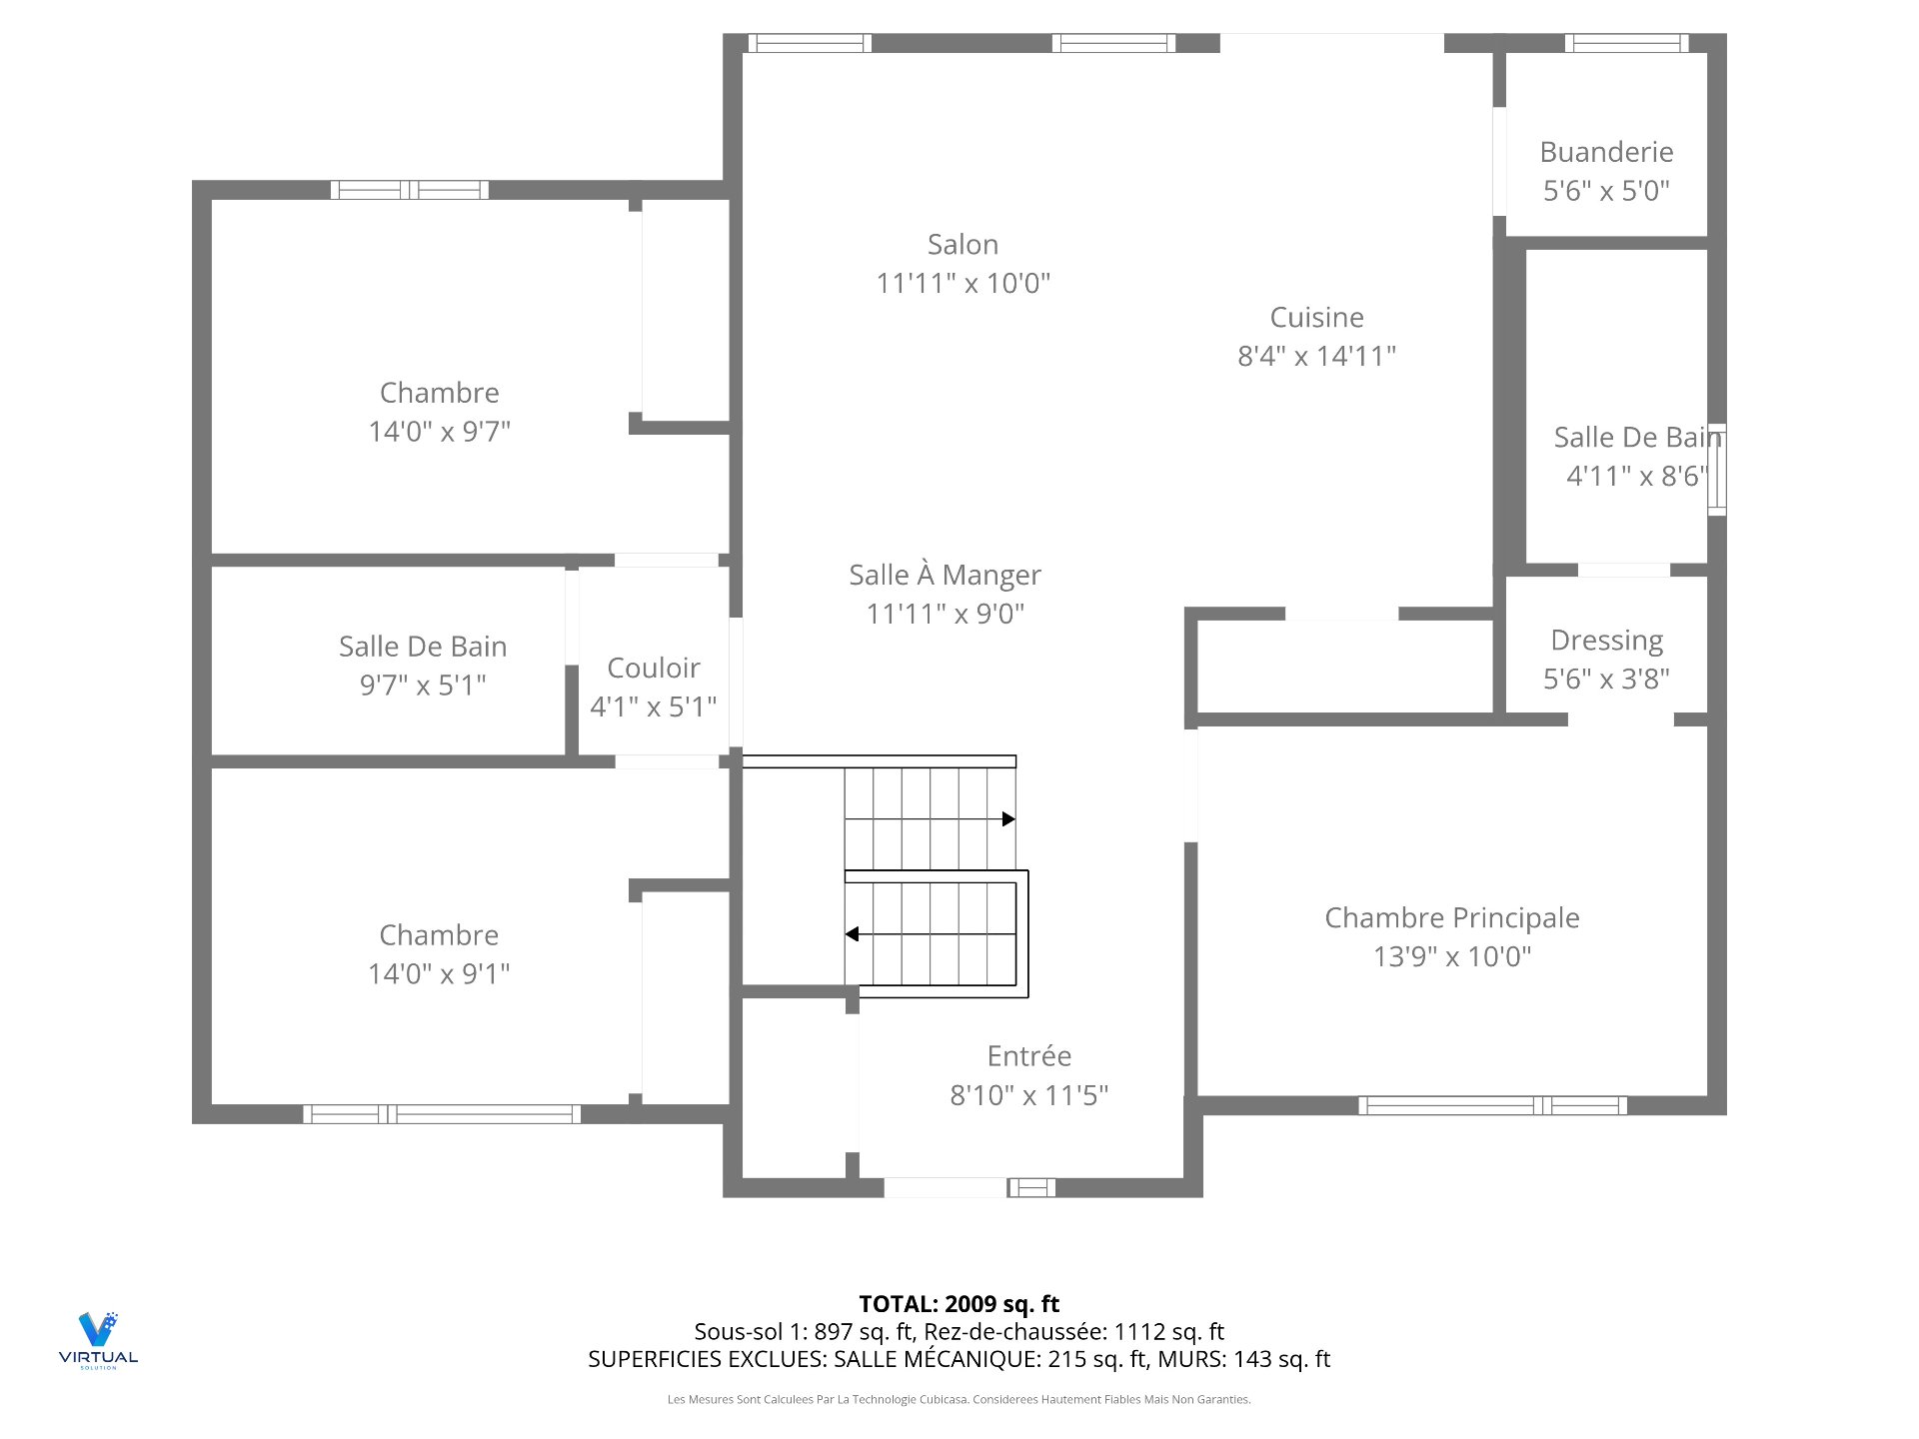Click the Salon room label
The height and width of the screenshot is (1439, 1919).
pyautogui.click(x=962, y=245)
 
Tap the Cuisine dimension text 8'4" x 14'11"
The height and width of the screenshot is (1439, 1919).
pyautogui.click(x=1316, y=356)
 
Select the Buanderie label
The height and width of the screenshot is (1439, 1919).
pyautogui.click(x=1606, y=152)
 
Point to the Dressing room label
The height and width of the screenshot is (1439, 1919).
pyautogui.click(x=1606, y=640)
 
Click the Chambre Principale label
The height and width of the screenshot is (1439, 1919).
pyautogui.click(x=1451, y=917)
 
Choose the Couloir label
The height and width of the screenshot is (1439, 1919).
pyautogui.click(x=653, y=668)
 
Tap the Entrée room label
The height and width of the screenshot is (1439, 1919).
pyautogui.click(x=1028, y=1056)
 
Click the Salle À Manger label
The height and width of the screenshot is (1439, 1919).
pyautogui.click(x=945, y=575)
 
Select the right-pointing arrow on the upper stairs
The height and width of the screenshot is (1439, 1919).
pyautogui.click(x=1007, y=819)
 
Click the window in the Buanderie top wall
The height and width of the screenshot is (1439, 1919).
pyautogui.click(x=1626, y=43)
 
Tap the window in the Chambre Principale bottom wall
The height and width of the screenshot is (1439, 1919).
pyautogui.click(x=1491, y=1105)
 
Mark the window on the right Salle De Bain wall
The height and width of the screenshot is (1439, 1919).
pyautogui.click(x=1716, y=470)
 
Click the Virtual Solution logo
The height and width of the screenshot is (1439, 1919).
pyautogui.click(x=98, y=1340)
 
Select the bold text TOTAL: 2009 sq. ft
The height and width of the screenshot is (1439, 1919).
pyautogui.click(x=959, y=1304)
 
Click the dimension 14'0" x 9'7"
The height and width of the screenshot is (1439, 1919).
pyautogui.click(x=439, y=432)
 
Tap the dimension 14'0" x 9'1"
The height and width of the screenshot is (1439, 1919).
pyautogui.click(x=439, y=973)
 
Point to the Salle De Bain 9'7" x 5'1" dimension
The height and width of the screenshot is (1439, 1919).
pyautogui.click(x=423, y=686)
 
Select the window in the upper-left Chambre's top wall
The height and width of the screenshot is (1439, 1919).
pyautogui.click(x=410, y=190)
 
